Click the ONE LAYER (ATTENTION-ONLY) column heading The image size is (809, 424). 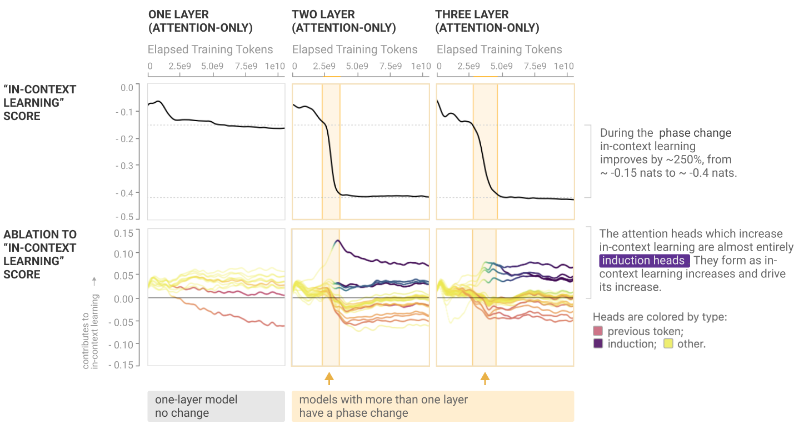pos(200,21)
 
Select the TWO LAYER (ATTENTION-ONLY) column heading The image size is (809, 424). pos(343,21)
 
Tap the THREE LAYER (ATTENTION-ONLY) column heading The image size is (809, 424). pos(487,21)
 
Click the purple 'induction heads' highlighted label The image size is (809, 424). pos(644,261)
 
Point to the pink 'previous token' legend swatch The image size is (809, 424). pos(598,331)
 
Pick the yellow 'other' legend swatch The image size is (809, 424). pos(668,343)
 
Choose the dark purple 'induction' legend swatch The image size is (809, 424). pos(598,343)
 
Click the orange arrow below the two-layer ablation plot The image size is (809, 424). pos(329,378)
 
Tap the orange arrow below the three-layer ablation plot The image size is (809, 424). pos(485,378)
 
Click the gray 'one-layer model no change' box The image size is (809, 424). pos(216,406)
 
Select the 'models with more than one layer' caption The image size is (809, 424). pos(383,400)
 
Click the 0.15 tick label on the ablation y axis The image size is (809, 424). pos(123,233)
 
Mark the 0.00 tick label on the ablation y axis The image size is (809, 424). pos(123,298)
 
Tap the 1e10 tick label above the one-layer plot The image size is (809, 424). pos(275,66)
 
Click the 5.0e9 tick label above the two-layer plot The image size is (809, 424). pos(357,66)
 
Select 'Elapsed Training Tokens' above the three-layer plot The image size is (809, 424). pos(499,49)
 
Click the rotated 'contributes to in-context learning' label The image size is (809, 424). pos(90,331)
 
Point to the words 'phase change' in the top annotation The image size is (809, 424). pos(695,133)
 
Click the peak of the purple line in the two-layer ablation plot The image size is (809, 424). pos(338,241)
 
